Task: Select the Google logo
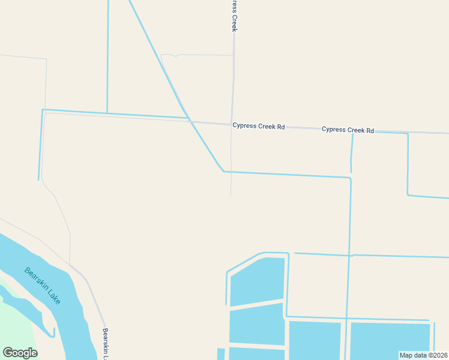pyautogui.click(x=20, y=353)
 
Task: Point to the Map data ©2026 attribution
pyautogui.click(x=423, y=355)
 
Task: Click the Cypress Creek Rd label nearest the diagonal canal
pyautogui.click(x=258, y=127)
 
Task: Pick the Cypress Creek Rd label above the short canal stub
pyautogui.click(x=348, y=130)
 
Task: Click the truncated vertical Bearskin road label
pyautogui.click(x=105, y=343)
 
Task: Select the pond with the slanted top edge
pyautogui.click(x=257, y=281)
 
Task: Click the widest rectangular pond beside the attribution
pyautogui.click(x=390, y=340)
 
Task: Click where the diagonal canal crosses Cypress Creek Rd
pyautogui.click(x=190, y=120)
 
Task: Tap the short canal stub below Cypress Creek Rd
pyautogui.click(x=351, y=153)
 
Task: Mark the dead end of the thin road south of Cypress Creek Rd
pyautogui.click(x=231, y=194)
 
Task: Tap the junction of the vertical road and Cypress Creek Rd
pyautogui.click(x=232, y=124)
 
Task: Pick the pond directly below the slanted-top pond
pyautogui.click(x=256, y=324)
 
